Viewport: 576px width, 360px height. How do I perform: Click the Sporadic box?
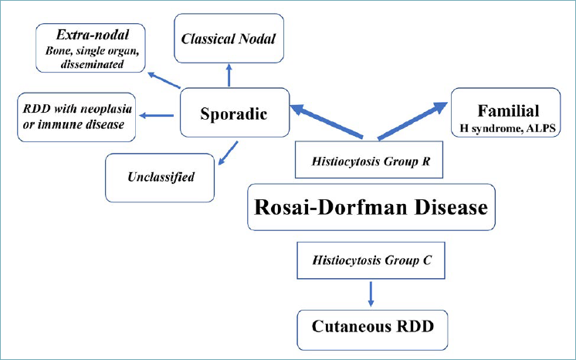point(235,113)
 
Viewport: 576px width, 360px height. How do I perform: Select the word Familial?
point(508,110)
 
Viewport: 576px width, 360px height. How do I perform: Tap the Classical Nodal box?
point(229,39)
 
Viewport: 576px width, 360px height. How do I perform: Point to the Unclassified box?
point(160,178)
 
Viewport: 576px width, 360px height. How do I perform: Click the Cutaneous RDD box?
point(372,330)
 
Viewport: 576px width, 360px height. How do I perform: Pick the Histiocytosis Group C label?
point(371,260)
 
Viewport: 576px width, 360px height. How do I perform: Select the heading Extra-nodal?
point(92,35)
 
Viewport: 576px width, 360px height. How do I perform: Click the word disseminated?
point(92,64)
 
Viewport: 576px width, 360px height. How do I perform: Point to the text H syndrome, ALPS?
point(507,129)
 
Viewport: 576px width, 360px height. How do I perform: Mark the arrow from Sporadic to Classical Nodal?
point(229,76)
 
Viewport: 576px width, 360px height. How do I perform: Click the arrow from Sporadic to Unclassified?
point(228,153)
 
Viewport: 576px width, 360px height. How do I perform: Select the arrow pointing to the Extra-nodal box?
point(164,80)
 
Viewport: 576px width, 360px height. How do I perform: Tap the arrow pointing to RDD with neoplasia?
point(157,115)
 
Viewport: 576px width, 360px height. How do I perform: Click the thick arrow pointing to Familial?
point(412,121)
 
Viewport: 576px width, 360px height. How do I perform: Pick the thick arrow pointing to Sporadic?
point(327,121)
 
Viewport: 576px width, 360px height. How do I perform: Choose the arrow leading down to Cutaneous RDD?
point(371,294)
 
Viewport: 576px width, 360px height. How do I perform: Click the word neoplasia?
point(106,109)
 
